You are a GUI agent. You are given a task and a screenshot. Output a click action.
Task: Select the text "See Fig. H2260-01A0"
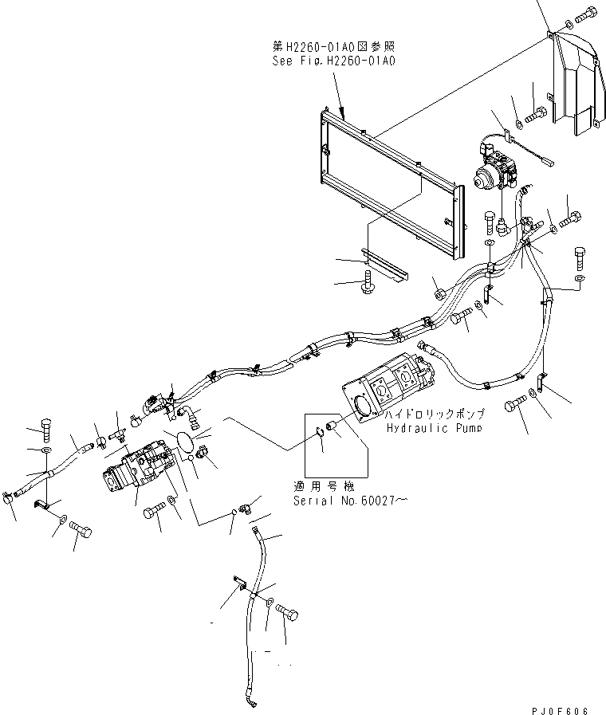333,60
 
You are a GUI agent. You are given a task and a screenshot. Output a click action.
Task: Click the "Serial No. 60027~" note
339,501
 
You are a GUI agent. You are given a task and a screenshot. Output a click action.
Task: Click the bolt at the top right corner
585,14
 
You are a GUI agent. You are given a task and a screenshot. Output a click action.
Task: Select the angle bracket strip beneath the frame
384,263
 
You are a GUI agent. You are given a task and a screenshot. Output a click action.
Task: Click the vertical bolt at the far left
45,430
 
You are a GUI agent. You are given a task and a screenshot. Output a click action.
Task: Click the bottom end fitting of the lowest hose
254,701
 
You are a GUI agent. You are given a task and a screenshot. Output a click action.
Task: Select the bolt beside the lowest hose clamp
289,612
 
